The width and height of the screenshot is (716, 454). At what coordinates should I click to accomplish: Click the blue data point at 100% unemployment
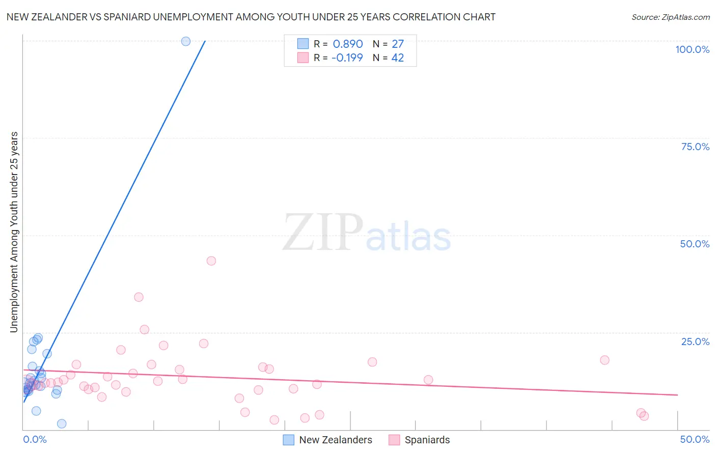[186, 41]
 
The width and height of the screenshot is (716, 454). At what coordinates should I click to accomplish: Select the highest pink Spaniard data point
[211, 261]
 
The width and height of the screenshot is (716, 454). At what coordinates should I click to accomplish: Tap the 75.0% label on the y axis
[695, 147]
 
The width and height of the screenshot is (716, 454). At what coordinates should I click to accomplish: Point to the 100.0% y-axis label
[692, 49]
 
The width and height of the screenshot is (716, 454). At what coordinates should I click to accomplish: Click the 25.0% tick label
[695, 342]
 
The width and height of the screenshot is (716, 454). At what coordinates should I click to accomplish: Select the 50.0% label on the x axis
[695, 439]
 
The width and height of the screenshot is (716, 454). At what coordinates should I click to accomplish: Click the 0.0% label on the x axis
[35, 439]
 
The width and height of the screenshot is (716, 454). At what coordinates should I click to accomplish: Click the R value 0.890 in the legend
[348, 44]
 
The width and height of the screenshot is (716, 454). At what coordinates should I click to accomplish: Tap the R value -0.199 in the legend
[347, 58]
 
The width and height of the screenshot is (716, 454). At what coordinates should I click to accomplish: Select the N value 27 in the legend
[398, 44]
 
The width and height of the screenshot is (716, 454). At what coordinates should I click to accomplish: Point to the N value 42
[398, 58]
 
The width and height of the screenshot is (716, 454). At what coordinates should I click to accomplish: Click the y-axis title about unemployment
[14, 232]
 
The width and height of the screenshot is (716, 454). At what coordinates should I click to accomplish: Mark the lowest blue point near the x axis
[62, 423]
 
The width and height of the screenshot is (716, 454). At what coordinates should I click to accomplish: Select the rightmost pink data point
[644, 416]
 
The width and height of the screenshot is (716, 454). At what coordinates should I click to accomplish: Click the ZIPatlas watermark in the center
[367, 233]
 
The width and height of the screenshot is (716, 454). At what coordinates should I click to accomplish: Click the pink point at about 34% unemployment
[139, 297]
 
